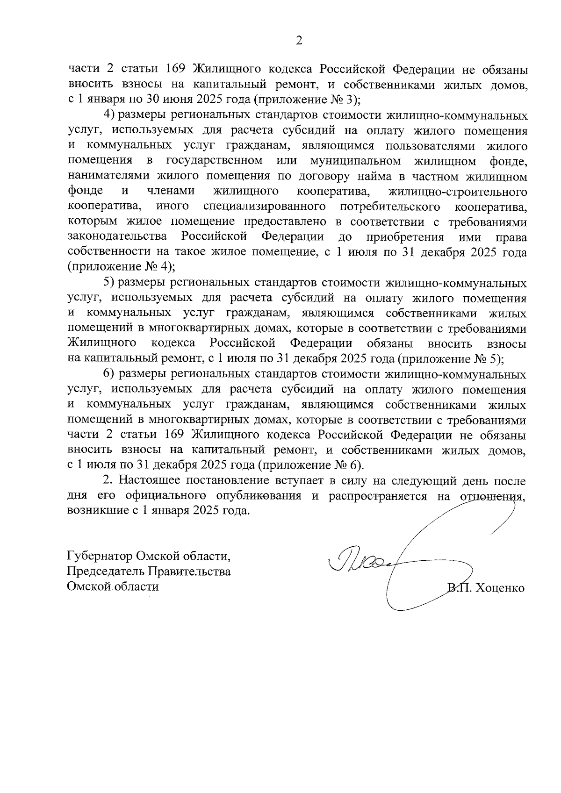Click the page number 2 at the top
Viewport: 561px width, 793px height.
click(299, 41)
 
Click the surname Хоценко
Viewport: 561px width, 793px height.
click(500, 589)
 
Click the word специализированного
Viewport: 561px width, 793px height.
click(265, 207)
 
